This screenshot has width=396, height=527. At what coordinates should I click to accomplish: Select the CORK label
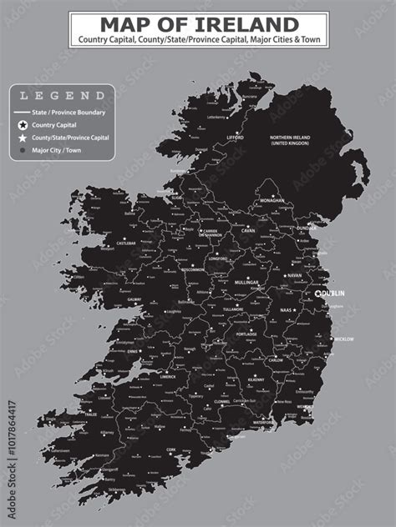[171, 449]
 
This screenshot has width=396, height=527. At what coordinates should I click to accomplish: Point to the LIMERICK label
[168, 376]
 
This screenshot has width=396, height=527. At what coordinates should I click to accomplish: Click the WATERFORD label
[263, 423]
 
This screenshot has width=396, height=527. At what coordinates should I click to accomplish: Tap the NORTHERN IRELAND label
[291, 140]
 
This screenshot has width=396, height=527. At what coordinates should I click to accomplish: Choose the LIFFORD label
[235, 138]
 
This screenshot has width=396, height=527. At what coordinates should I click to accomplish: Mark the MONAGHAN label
[272, 200]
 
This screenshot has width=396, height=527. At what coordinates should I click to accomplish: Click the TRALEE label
[91, 414]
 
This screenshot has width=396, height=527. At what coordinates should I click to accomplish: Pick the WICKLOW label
[343, 339]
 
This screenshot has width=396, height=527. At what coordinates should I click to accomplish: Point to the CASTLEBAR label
[126, 244]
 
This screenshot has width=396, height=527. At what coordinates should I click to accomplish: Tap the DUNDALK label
[307, 227]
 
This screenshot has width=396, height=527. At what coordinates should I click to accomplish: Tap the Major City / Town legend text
[58, 150]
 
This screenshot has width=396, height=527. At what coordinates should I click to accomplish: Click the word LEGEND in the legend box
[62, 96]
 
